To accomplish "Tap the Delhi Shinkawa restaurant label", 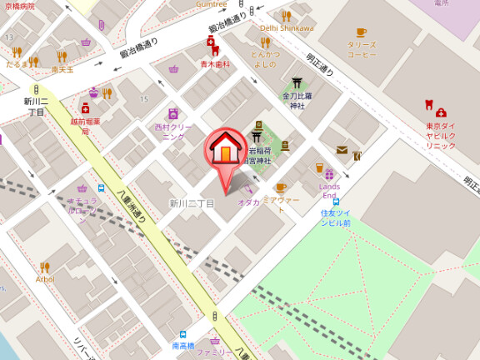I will [287, 27].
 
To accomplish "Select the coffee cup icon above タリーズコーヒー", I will [361, 32].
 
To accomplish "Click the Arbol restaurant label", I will [45, 279].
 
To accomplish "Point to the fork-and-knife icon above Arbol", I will [45, 267].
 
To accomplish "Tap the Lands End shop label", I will [330, 191].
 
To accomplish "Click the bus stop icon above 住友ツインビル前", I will [336, 202].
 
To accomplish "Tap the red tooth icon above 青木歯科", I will [215, 52].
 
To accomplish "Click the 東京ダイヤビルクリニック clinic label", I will [440, 136].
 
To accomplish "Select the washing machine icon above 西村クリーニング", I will [173, 113].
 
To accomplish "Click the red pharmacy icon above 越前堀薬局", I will [85, 107].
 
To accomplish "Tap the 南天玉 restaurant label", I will [62, 69].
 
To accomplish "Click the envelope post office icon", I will [342, 150].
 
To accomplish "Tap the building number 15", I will [143, 99].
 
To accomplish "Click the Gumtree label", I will [211, 3].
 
